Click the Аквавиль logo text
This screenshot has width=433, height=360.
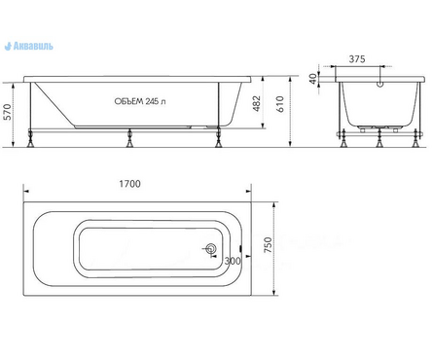point(33,47)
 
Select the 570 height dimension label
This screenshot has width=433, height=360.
point(8,112)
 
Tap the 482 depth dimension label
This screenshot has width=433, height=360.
point(257,103)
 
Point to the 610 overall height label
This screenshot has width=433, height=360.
point(280,104)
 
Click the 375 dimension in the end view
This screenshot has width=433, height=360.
point(357,59)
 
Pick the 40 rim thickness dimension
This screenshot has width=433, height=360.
point(312,79)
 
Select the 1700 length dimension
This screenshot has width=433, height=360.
point(129,184)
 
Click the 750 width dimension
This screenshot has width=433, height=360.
point(268,245)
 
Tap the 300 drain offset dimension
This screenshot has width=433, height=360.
point(233,261)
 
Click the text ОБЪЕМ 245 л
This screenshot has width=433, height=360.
point(140,101)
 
